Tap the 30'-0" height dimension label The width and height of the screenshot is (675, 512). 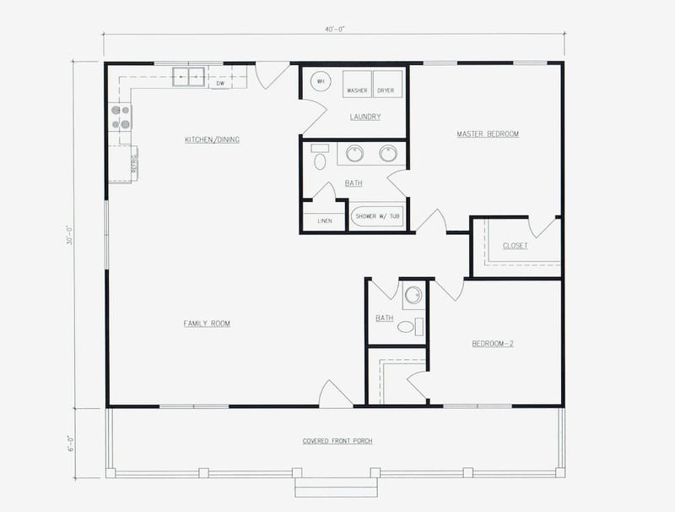pyautogui.click(x=73, y=234)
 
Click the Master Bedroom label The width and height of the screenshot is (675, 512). pyautogui.click(x=487, y=133)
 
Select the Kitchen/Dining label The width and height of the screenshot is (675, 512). pyautogui.click(x=212, y=139)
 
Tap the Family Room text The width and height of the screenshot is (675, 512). pyautogui.click(x=207, y=324)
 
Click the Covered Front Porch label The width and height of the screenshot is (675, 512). pyautogui.click(x=337, y=441)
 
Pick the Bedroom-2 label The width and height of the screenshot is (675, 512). pyautogui.click(x=493, y=343)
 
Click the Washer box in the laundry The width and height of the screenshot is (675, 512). pyautogui.click(x=357, y=85)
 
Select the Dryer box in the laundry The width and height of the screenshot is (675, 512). pyautogui.click(x=386, y=85)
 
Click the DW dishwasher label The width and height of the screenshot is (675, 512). pyautogui.click(x=220, y=84)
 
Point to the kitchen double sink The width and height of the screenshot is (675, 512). pyautogui.click(x=190, y=77)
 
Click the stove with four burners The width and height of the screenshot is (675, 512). pyautogui.click(x=120, y=117)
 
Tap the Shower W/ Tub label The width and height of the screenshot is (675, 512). pyautogui.click(x=377, y=217)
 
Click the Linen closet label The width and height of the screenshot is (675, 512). pyautogui.click(x=325, y=221)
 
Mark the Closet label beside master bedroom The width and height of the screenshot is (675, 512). pyautogui.click(x=515, y=246)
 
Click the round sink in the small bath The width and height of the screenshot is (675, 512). pyautogui.click(x=413, y=296)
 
